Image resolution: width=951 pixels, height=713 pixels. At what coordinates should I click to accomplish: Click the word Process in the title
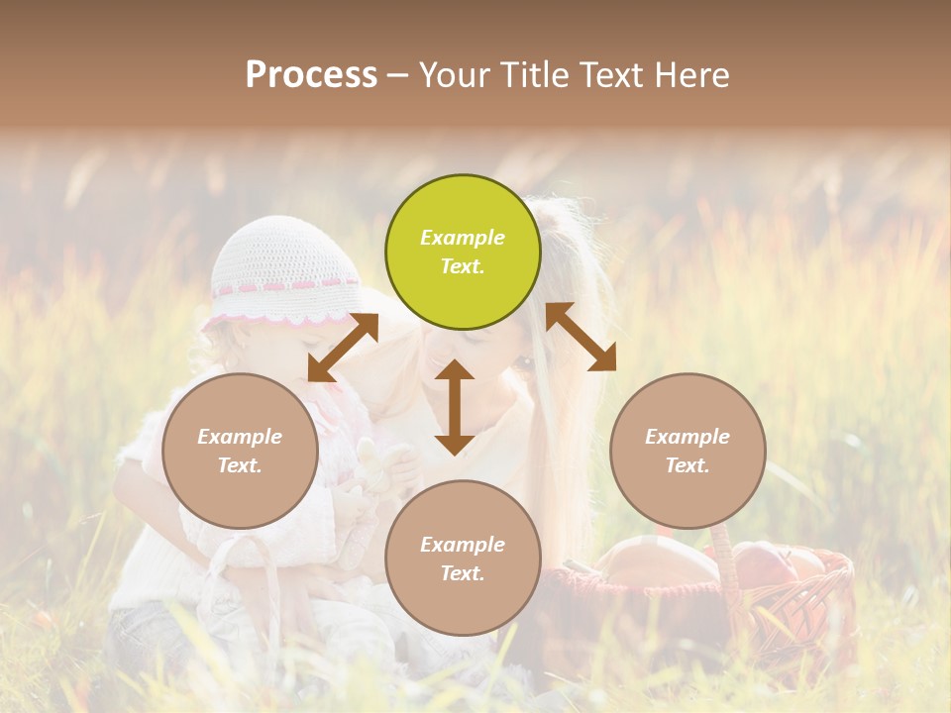(311, 75)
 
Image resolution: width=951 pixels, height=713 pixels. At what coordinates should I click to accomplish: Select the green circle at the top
(463, 253)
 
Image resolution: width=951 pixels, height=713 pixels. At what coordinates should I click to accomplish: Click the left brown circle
(240, 451)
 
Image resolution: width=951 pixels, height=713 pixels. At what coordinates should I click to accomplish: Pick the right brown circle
(687, 451)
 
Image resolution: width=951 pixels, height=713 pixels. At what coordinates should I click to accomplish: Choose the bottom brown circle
(463, 558)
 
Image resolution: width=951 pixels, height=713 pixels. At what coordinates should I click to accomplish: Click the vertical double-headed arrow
(455, 407)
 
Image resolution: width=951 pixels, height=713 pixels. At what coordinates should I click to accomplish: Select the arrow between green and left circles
(343, 348)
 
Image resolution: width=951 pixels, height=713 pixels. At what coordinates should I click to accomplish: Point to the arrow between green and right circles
(581, 337)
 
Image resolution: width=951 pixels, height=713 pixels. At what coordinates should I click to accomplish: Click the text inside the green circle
(463, 252)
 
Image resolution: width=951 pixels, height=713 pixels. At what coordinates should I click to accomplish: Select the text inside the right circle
(687, 451)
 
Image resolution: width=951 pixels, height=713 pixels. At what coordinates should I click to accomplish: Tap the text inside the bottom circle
(463, 559)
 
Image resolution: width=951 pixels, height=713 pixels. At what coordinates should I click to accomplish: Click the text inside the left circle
(240, 451)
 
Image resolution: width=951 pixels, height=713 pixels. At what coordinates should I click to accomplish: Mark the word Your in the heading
(454, 75)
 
